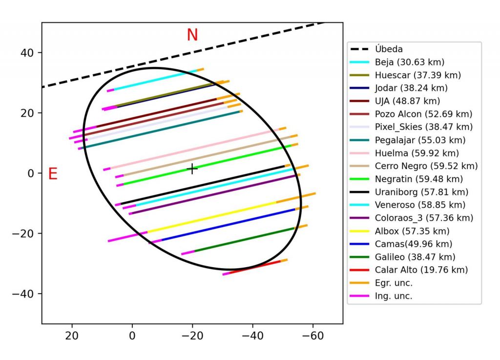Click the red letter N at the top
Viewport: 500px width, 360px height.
point(192,35)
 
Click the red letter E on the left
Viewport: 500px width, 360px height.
point(53,174)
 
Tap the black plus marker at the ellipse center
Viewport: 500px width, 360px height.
point(192,169)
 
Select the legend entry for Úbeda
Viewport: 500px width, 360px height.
point(389,49)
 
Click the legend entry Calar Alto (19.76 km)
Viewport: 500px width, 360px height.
point(421,270)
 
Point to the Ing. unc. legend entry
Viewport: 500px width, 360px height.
point(394,296)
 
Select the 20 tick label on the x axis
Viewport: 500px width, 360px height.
point(72,336)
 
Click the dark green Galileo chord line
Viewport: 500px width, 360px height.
point(244,239)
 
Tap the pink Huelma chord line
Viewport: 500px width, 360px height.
point(195,148)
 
